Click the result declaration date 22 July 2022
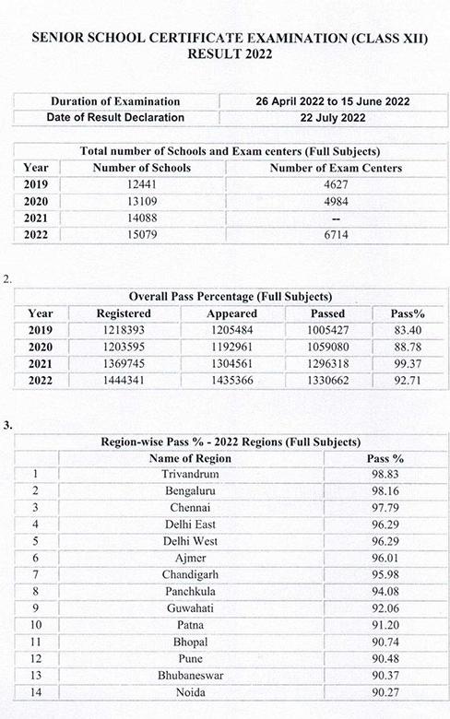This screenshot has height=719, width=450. pyautogui.click(x=333, y=118)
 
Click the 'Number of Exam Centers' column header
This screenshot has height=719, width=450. pyautogui.click(x=335, y=168)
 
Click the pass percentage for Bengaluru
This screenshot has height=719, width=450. pyautogui.click(x=379, y=490)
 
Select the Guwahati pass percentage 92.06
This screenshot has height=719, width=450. pyautogui.click(x=379, y=607)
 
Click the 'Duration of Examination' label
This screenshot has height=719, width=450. pyautogui.click(x=115, y=101)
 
